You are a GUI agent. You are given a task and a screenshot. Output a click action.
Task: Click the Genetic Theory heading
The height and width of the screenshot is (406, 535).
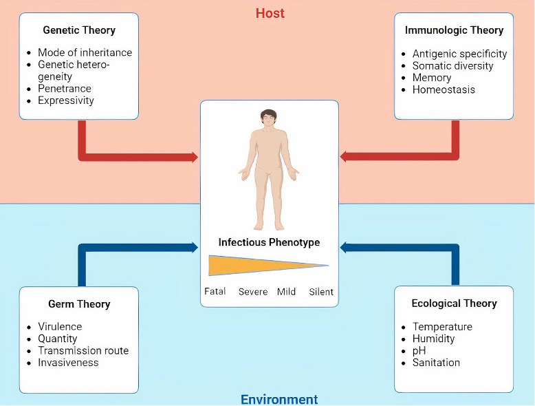click(79, 30)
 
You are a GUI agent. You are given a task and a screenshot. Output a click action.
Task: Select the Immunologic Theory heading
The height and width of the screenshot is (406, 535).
click(454, 30)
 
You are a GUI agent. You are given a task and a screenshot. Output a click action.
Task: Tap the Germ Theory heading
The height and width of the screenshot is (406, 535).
click(79, 303)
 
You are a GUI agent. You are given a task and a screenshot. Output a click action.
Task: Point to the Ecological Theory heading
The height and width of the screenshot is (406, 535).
click(454, 303)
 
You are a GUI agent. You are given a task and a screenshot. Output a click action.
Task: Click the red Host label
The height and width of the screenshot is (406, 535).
click(270, 13)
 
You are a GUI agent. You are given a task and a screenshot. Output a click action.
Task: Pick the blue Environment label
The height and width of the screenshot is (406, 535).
click(279, 399)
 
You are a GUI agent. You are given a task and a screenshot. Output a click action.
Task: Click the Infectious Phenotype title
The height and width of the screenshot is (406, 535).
click(269, 242)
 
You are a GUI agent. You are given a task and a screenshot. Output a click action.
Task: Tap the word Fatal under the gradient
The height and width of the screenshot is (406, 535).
click(215, 292)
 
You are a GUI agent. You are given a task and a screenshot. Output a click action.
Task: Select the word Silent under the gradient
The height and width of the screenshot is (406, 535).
click(321, 292)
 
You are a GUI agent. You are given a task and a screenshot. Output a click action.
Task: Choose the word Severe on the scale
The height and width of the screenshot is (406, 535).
click(253, 292)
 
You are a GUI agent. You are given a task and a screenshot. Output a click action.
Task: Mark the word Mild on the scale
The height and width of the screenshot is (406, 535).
click(286, 292)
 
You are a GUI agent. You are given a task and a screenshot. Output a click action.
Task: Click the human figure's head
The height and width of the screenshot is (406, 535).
click(268, 119)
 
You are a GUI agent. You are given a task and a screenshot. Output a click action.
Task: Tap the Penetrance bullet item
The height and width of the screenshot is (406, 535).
click(65, 89)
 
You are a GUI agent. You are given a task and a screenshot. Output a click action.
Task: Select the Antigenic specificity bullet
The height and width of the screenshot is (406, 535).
click(459, 54)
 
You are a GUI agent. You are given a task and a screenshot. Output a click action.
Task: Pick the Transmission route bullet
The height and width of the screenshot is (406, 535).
click(83, 350)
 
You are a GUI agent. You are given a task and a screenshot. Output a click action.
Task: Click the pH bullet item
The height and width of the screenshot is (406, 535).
click(419, 350)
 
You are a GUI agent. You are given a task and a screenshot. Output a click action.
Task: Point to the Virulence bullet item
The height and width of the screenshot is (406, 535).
click(60, 327)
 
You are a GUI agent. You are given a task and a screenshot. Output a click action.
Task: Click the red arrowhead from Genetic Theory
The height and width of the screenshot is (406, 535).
click(193, 158)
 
